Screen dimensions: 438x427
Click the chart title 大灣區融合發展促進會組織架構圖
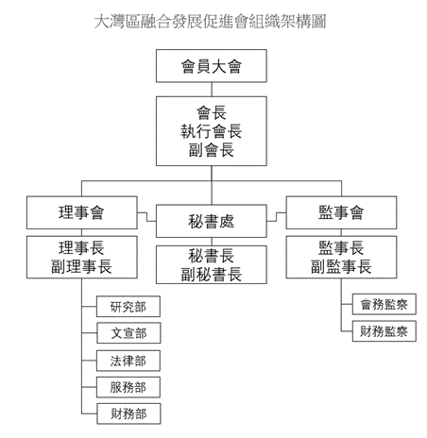(x=213, y=20)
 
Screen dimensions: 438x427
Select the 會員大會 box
(x=213, y=67)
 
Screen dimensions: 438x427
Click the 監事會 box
(x=340, y=211)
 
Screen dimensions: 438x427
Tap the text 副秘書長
(x=213, y=275)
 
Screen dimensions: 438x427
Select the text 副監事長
(x=340, y=266)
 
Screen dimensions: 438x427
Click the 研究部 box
(x=128, y=307)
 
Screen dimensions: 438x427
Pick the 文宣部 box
(x=128, y=333)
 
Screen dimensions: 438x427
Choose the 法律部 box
(x=128, y=360)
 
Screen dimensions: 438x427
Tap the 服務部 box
(x=128, y=386)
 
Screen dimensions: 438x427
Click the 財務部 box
(x=128, y=413)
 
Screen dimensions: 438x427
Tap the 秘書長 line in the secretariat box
(x=213, y=256)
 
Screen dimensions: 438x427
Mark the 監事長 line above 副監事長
(x=340, y=247)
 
